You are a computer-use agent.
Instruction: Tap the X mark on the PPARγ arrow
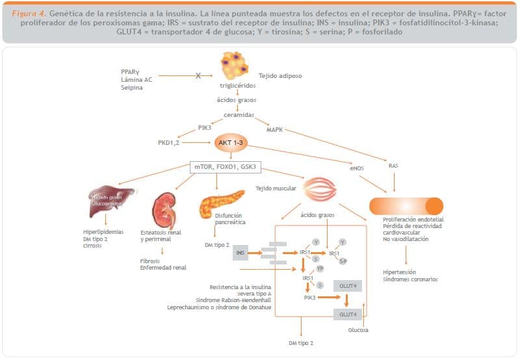tap(198, 76)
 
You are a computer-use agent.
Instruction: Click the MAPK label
tap(275, 129)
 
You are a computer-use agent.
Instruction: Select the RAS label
tap(393, 166)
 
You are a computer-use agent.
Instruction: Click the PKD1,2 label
tap(168, 142)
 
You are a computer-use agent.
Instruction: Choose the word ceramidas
tap(238, 114)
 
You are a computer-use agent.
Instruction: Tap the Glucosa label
tap(358, 330)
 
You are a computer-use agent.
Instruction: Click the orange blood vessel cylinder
tap(406, 206)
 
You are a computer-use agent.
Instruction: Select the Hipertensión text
tap(400, 272)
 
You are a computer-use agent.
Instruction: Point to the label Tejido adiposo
tap(281, 76)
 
